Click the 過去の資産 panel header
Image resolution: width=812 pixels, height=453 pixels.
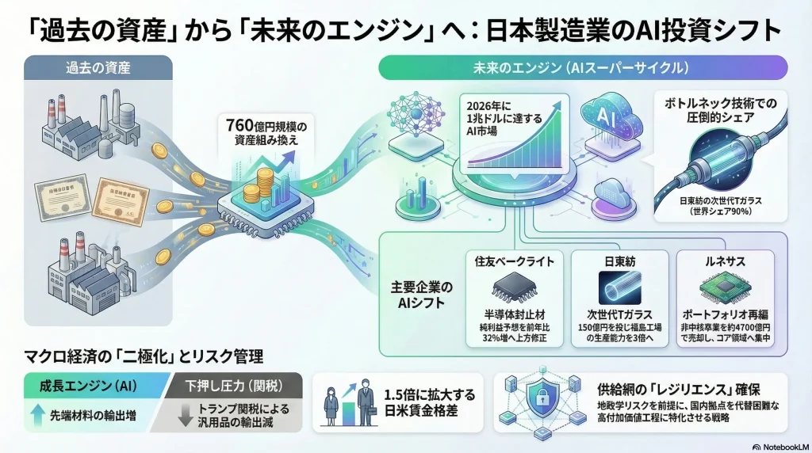(x=98, y=68)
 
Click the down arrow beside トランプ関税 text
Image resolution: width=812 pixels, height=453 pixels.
(x=185, y=414)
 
